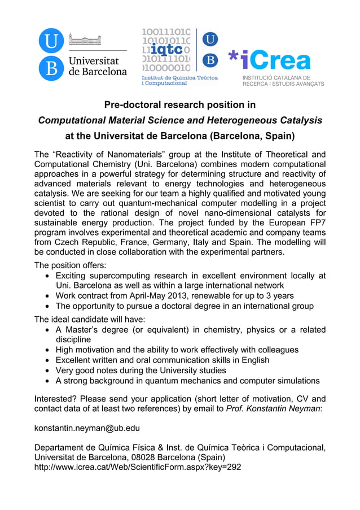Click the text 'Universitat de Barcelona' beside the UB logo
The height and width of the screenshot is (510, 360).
(98, 66)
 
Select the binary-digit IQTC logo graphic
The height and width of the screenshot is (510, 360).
(166, 50)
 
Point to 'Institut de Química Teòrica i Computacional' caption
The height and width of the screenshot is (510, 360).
(179, 80)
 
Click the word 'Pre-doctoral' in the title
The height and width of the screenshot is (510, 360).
(133, 104)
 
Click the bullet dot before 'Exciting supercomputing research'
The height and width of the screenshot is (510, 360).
(48, 276)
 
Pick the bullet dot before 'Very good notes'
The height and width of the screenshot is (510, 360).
(48, 370)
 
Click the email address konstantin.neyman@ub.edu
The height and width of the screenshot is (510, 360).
(87, 428)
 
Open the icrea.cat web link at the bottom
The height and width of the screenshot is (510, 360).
(138, 467)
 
